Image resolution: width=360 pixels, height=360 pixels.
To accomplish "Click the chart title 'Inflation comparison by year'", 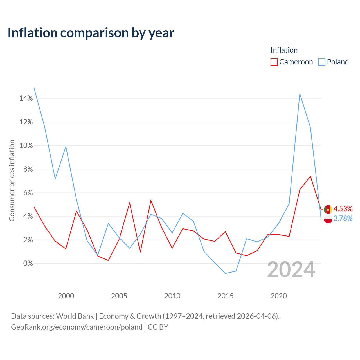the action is [x=91, y=33].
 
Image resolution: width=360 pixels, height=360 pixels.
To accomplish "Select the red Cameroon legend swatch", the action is [x=274, y=62].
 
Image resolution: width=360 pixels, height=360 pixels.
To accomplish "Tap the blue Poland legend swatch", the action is [x=321, y=62].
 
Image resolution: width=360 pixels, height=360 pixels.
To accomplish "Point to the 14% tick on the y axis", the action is [x=26, y=98].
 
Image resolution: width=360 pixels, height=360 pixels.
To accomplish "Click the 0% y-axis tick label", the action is [x=28, y=263].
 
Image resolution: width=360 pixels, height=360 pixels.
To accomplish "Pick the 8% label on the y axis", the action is [x=28, y=169].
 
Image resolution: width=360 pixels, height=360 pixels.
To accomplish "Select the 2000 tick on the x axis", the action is [x=66, y=296].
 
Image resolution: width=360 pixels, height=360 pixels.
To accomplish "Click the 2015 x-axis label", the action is [x=226, y=296].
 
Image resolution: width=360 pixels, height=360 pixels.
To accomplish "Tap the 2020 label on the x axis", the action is [x=279, y=296].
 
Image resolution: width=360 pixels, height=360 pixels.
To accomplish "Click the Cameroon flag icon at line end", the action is [x=328, y=210].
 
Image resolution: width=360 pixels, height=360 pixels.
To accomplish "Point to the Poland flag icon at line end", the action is [x=328, y=219].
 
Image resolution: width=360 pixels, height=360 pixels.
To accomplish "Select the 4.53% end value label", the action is [x=343, y=209].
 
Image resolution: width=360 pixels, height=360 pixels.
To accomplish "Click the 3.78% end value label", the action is [x=343, y=218].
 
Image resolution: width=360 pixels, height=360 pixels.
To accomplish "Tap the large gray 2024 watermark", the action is [x=291, y=269].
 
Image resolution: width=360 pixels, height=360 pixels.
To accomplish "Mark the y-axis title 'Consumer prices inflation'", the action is [x=12, y=181].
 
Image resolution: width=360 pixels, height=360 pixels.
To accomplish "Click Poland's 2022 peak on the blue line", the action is [x=300, y=94].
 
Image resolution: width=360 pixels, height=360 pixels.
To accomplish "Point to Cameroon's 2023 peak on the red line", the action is [x=310, y=176].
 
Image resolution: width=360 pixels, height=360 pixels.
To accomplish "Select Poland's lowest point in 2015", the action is [x=226, y=273].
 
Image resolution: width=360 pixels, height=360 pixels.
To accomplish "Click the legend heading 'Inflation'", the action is [x=284, y=50].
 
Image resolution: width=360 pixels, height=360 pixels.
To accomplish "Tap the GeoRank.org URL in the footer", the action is [x=77, y=327].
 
